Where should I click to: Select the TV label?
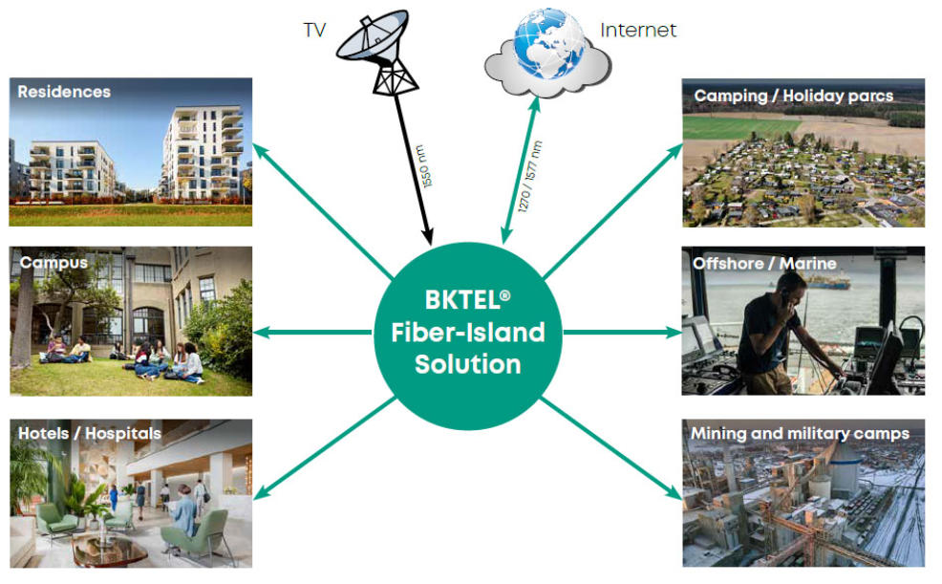[x=314, y=30]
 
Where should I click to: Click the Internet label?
[x=637, y=30]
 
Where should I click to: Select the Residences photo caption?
[x=64, y=93]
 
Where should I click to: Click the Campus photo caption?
[x=54, y=262]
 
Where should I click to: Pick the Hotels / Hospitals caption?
[x=90, y=434]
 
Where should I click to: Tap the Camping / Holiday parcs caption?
[x=793, y=96]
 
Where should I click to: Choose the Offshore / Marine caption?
[x=765, y=263]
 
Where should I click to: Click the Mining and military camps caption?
[x=800, y=434]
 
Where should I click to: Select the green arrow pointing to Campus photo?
[x=315, y=333]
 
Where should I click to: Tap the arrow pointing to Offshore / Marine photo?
[x=621, y=333]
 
